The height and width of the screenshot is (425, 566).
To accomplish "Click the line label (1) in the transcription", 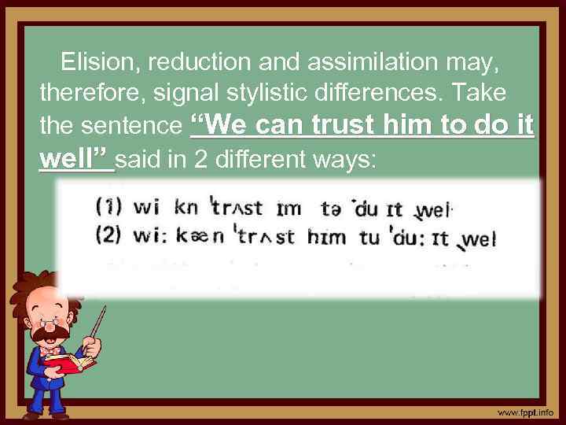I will click(108, 209).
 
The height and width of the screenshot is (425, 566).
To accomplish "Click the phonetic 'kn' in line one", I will click(186, 209).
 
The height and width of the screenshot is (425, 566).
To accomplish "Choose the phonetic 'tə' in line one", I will click(331, 209).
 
